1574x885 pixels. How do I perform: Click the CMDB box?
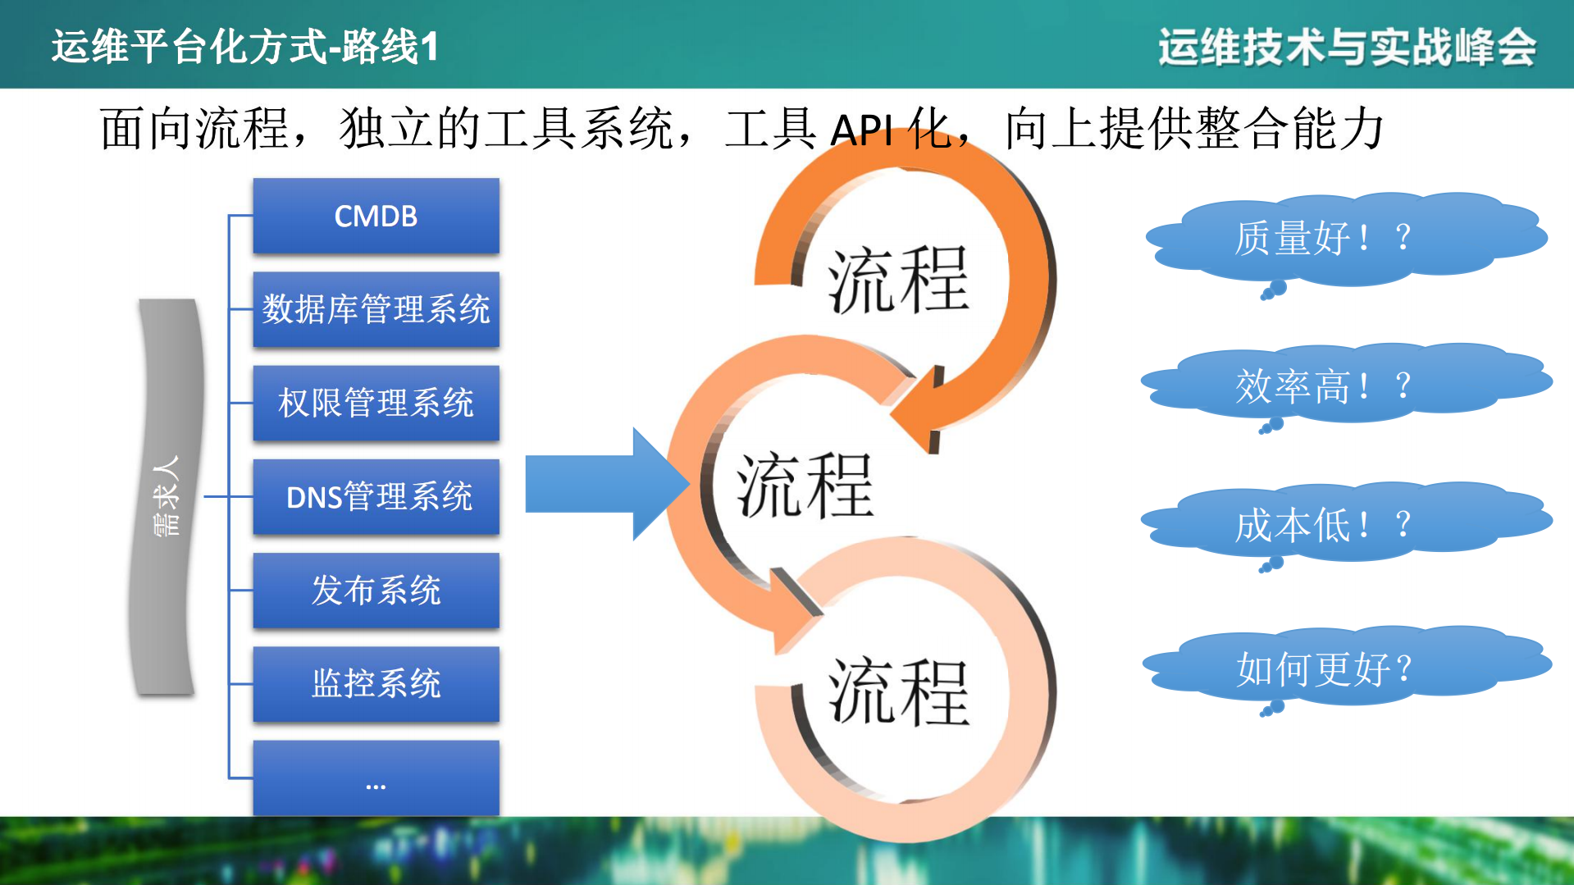click(x=376, y=216)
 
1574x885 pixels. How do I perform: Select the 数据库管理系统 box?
click(x=376, y=309)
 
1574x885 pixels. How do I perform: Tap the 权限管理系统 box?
click(x=376, y=403)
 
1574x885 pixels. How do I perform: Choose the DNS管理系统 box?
click(x=376, y=496)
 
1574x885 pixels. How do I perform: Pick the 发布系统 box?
click(x=376, y=590)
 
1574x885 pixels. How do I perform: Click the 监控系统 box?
click(x=376, y=683)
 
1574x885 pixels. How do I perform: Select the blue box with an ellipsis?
click(x=376, y=778)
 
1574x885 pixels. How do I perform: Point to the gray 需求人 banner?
click(x=166, y=496)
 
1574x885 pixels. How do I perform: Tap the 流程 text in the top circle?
click(x=898, y=281)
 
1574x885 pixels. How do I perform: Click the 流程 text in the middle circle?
click(x=805, y=486)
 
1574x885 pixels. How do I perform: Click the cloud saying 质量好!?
click(x=1345, y=238)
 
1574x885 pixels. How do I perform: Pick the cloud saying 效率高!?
click(x=1345, y=385)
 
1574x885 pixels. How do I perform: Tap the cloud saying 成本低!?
click(x=1345, y=524)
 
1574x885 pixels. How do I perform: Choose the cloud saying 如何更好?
click(x=1345, y=668)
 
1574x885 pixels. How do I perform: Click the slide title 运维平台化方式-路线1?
click(x=245, y=46)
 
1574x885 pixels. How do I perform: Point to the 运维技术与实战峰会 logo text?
click(x=1347, y=46)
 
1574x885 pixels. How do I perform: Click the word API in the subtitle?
click(x=861, y=130)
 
